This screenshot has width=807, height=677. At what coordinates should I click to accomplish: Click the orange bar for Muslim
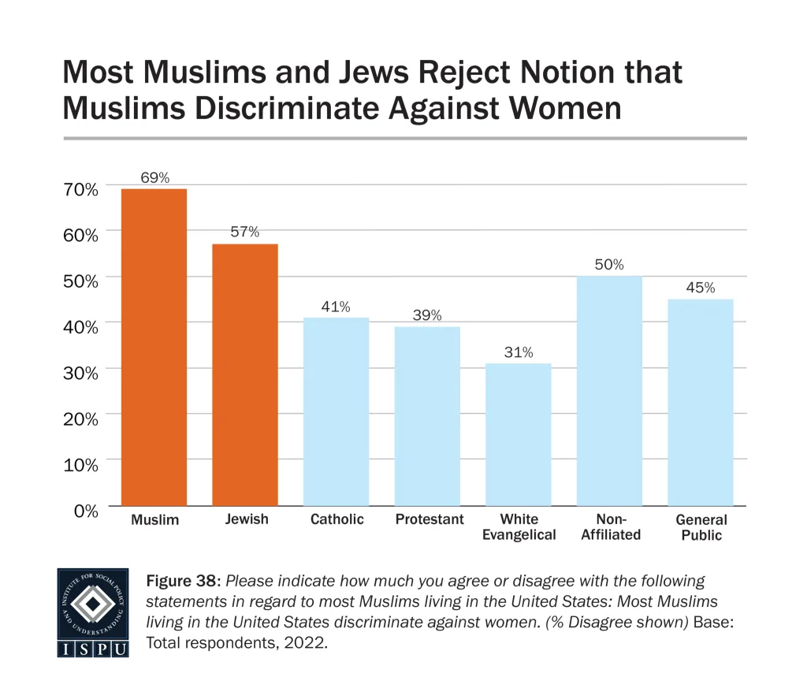154,347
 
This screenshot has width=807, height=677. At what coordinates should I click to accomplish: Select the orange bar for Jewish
245,374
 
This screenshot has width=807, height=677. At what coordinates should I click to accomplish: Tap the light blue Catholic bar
337,411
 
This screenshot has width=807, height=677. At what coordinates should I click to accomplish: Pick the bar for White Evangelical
519,434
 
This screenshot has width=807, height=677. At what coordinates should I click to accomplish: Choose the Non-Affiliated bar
609,391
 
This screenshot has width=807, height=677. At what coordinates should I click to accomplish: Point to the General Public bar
701,402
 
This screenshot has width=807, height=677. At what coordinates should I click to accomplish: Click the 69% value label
154,177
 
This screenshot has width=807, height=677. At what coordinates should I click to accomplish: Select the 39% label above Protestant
427,315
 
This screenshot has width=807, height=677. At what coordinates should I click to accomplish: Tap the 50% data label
609,265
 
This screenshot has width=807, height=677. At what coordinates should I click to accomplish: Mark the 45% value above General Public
701,288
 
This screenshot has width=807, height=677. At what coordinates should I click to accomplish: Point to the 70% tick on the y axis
81,189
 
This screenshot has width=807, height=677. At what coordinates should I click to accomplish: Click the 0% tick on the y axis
86,511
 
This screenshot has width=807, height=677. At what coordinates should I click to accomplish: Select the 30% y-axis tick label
81,373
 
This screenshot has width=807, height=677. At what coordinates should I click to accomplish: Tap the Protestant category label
429,519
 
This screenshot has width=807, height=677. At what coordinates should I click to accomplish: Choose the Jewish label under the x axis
246,519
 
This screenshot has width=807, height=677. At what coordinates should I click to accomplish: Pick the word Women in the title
555,108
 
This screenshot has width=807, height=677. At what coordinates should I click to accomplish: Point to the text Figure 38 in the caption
184,582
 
